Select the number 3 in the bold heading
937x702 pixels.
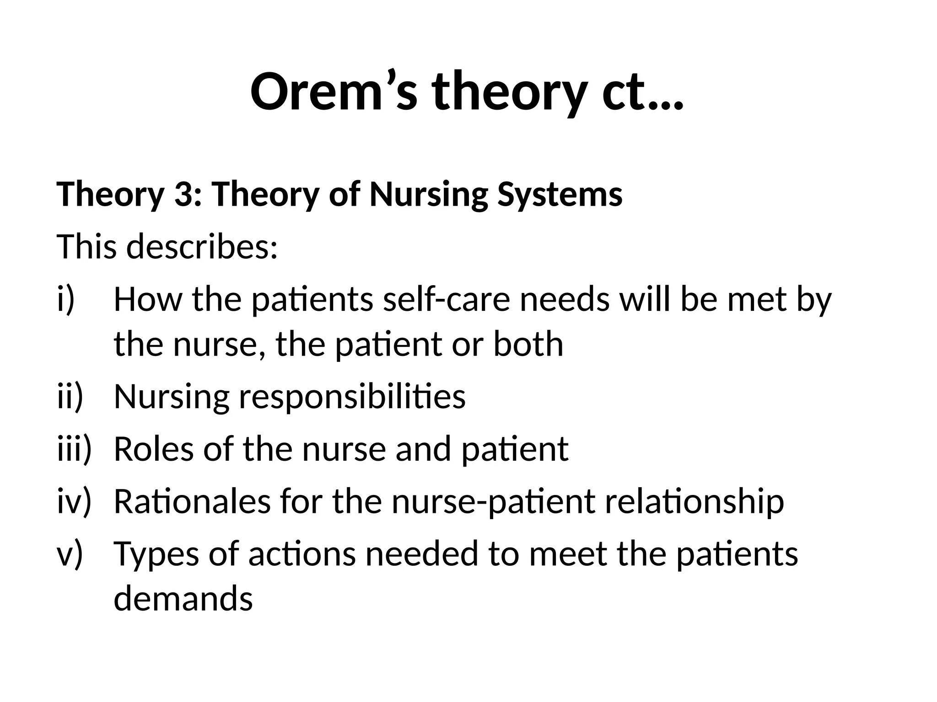tap(183, 194)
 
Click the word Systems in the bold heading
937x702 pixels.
tap(560, 194)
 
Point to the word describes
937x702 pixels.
tap(202, 247)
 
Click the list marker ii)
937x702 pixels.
tap(70, 396)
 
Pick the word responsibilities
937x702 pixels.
tap(352, 396)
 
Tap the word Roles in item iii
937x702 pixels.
tap(153, 449)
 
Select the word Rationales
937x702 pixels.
tap(192, 501)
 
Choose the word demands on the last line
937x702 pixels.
tap(183, 599)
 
